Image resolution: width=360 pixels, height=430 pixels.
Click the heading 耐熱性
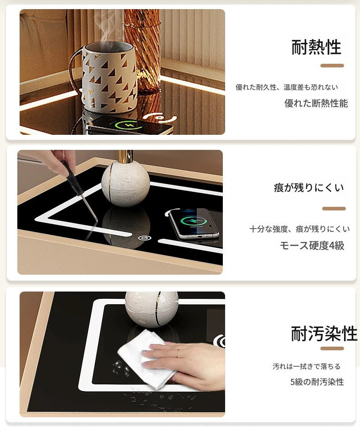316,47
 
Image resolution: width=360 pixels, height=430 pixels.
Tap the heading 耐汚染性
324,333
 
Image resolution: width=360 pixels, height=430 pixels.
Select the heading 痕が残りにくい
309,188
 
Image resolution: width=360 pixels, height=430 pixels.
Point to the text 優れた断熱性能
316,103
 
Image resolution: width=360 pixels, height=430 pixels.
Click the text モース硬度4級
312,246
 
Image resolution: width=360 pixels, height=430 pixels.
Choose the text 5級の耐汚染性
317,382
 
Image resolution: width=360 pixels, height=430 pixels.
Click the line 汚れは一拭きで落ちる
307,366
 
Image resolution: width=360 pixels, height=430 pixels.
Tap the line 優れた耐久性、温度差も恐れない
287,87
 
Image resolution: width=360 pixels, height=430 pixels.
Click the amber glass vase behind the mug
142,49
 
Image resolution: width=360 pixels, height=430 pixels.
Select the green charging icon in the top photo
128,126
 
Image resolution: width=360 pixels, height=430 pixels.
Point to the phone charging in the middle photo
194,223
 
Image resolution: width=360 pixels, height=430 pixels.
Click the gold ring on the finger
178,353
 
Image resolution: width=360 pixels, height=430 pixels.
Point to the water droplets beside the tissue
121,369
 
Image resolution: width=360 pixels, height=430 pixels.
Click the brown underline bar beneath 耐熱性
332,66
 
